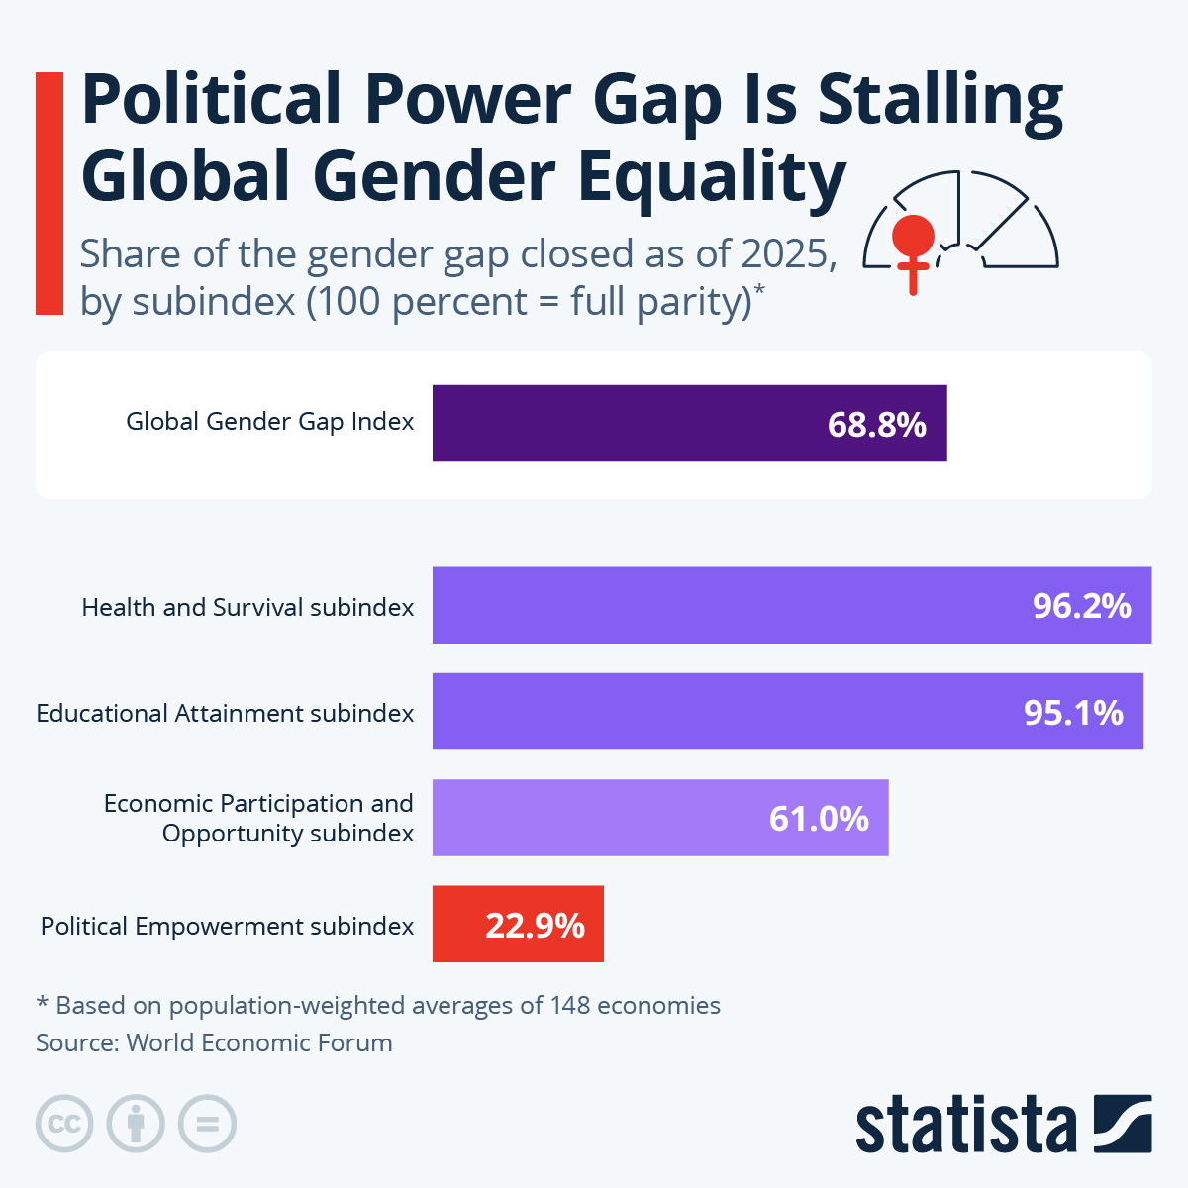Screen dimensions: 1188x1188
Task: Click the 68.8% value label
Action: pyautogui.click(x=876, y=425)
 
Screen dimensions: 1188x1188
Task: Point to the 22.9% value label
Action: pyautogui.click(x=535, y=926)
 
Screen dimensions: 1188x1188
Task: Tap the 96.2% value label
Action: pyautogui.click(x=1081, y=606)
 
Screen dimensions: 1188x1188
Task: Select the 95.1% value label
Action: pyautogui.click(x=1073, y=712)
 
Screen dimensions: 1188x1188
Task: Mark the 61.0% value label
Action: pyautogui.click(x=819, y=819)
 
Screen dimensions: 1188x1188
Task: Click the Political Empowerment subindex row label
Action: pyautogui.click(x=227, y=927)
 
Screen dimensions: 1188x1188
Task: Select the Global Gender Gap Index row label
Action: pyautogui.click(x=269, y=422)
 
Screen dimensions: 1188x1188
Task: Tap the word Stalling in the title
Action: pyautogui.click(x=940, y=101)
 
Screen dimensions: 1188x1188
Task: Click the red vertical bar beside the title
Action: pyautogui.click(x=49, y=193)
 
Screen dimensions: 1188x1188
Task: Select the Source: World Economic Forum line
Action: pyautogui.click(x=214, y=1042)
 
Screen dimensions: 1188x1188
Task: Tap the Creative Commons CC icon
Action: pyautogui.click(x=64, y=1124)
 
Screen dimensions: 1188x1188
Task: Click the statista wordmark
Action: pyautogui.click(x=965, y=1126)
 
